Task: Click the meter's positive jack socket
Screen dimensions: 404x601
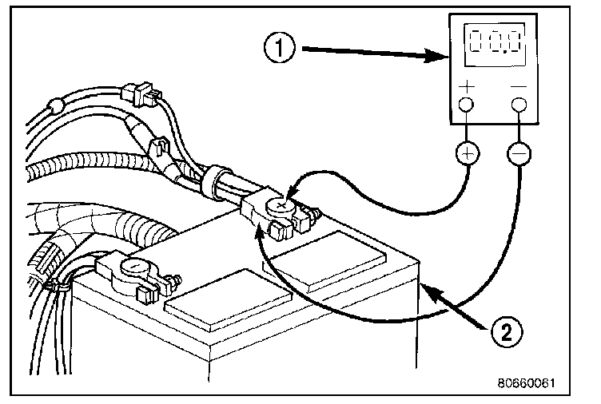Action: coord(468,105)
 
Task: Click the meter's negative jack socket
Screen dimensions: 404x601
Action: coord(520,105)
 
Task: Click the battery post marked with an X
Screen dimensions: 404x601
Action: coord(280,207)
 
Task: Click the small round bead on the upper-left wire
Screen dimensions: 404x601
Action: coord(55,105)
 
